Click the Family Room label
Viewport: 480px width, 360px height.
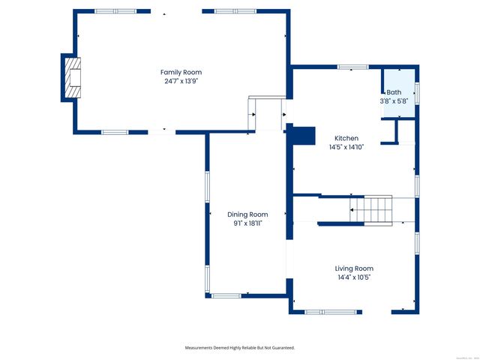point(181,72)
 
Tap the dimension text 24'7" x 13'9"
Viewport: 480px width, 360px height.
point(181,81)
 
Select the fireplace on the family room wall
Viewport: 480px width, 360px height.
point(71,76)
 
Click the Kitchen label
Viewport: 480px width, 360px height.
point(346,138)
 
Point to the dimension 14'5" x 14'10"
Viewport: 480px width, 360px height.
point(346,147)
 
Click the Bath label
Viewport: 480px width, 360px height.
point(394,91)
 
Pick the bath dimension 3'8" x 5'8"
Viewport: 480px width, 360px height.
point(394,100)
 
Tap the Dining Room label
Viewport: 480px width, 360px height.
point(247,214)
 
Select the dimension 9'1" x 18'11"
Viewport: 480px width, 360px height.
point(247,223)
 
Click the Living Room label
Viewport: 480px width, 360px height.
point(354,268)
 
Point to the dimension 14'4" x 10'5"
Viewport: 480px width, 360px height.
point(354,277)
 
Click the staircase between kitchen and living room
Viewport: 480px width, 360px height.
point(373,209)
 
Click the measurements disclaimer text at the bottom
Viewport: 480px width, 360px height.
point(240,348)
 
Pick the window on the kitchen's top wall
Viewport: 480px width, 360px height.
point(352,67)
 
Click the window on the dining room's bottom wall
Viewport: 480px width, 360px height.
point(226,295)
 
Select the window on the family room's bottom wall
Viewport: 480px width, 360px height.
point(115,132)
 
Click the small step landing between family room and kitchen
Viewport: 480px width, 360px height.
point(267,114)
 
